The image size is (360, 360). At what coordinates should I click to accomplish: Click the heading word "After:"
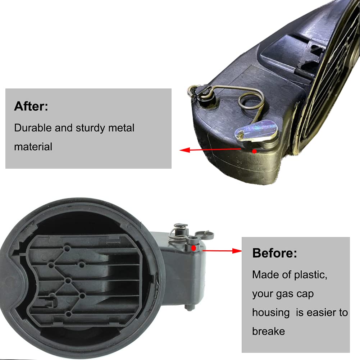point(31,106)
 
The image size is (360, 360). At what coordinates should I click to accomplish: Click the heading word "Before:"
point(275,253)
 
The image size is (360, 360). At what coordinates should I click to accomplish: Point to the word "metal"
point(122,128)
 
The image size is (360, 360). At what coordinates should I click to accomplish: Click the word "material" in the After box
point(33,146)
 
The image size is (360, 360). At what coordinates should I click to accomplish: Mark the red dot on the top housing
point(255,151)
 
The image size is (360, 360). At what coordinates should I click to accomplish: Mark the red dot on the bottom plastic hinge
point(194,247)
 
